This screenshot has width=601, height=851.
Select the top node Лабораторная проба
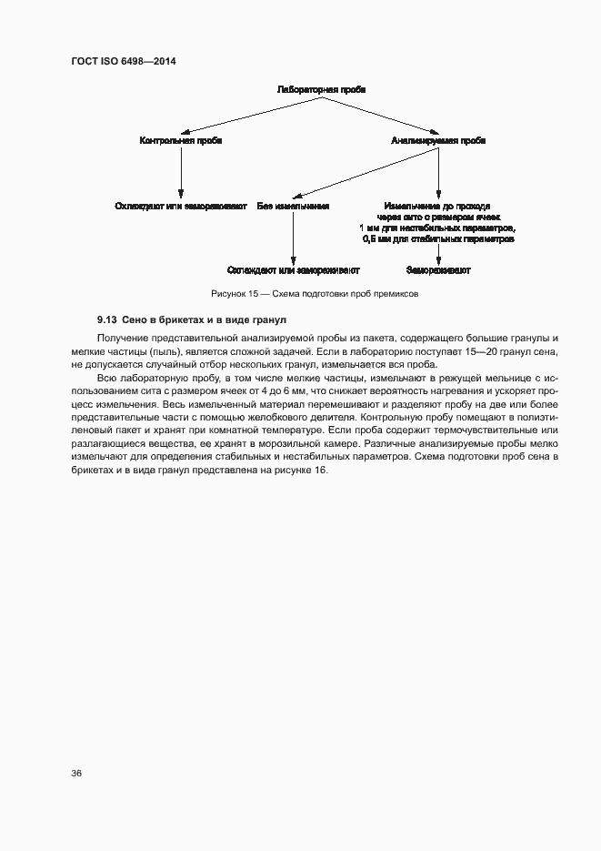point(322,90)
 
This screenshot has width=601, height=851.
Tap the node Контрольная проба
point(181,141)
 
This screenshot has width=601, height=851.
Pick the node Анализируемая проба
point(438,141)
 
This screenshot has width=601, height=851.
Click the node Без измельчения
point(293,207)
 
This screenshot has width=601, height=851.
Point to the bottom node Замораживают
point(438,270)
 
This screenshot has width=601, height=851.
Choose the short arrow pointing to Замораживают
point(438,254)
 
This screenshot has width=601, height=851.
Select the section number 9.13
point(107,320)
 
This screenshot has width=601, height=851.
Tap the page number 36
point(76,773)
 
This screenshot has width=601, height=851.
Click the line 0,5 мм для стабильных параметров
point(438,239)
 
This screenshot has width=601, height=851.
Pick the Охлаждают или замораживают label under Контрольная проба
point(181,207)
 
